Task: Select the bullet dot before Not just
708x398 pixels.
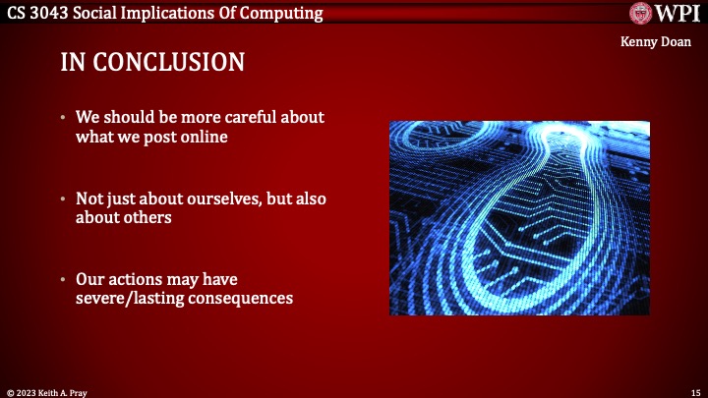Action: coord(63,199)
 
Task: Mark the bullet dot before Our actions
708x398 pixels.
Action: coord(63,280)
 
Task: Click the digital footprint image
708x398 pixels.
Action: coord(519,217)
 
